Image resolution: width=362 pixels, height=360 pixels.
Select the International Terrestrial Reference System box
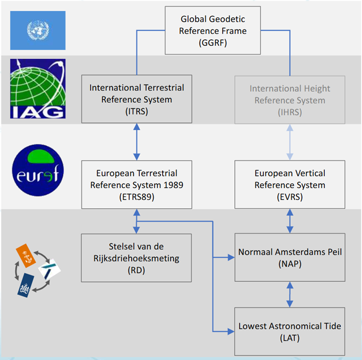[x=137, y=99]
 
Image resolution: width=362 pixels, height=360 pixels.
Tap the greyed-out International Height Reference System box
[x=289, y=100]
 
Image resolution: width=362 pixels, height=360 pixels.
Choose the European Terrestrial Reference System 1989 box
[x=137, y=184]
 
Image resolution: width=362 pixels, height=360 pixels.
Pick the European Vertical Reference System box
[x=289, y=184]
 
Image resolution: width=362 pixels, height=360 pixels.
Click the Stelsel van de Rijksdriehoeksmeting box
[x=137, y=258]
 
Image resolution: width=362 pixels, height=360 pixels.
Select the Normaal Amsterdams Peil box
[x=289, y=258]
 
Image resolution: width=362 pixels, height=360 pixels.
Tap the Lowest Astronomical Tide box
[x=289, y=332]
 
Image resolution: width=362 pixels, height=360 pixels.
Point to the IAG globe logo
[x=38, y=88]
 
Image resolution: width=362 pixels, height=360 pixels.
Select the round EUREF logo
[x=38, y=169]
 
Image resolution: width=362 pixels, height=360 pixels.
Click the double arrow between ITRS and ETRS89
[x=137, y=141]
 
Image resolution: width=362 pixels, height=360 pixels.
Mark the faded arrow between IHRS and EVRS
[x=289, y=141]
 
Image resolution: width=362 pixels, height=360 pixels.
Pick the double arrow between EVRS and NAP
[x=289, y=221]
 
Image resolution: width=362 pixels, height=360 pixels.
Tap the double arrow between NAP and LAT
[x=289, y=295]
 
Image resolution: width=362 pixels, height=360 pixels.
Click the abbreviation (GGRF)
[x=213, y=43]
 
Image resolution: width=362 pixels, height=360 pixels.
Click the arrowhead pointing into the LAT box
[x=231, y=332]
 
